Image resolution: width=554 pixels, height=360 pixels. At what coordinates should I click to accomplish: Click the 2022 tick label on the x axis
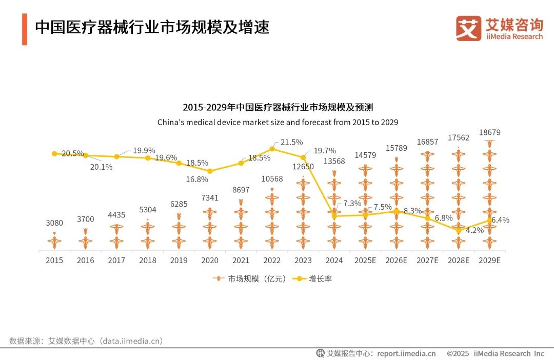[x=272, y=261]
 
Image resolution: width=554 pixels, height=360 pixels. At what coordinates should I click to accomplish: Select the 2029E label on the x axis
[x=489, y=261]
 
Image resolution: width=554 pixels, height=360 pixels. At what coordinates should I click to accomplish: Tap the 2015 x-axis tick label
[x=54, y=261]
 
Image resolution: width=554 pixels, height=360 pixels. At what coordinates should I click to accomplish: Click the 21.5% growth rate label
[x=291, y=142]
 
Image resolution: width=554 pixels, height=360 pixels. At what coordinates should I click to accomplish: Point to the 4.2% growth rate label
[x=474, y=230]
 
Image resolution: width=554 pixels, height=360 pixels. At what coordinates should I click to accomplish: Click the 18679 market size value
[x=489, y=132]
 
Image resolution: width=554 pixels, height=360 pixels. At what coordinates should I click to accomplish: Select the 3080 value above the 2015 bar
[x=54, y=223]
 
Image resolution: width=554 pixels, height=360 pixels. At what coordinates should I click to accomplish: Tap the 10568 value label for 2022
[x=272, y=178]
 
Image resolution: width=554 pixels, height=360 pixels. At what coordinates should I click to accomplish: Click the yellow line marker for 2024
[x=334, y=216]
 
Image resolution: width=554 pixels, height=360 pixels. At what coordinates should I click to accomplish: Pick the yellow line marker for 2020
[x=210, y=171]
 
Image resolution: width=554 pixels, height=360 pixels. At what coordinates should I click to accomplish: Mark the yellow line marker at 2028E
[x=459, y=230]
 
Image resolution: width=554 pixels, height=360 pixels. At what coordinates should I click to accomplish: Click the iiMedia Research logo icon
[x=468, y=28]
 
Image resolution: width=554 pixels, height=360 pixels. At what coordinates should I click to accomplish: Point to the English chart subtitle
[x=277, y=123]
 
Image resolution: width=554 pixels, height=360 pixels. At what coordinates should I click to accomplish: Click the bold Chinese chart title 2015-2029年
[x=277, y=107]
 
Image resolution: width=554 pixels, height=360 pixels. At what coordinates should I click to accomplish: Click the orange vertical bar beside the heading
[x=24, y=29]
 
